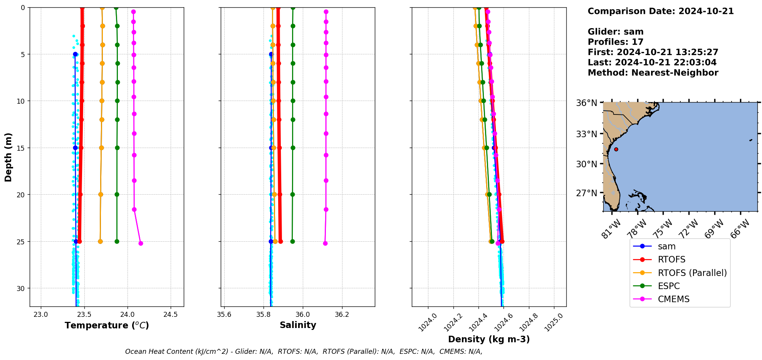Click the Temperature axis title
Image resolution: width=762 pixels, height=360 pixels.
(x=107, y=325)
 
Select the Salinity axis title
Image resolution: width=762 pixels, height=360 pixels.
(x=298, y=325)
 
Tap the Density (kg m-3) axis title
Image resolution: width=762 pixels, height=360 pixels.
(x=489, y=339)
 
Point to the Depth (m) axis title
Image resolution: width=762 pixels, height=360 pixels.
(x=8, y=157)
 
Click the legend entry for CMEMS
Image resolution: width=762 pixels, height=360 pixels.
(x=673, y=299)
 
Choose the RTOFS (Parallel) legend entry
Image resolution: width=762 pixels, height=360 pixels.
(x=692, y=273)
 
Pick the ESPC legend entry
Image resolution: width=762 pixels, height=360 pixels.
(x=668, y=286)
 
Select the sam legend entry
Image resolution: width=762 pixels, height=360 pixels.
(x=666, y=247)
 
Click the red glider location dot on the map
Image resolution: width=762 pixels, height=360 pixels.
(x=616, y=149)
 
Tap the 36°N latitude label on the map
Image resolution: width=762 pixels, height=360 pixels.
(x=586, y=103)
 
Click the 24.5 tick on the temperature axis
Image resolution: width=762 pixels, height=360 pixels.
(x=171, y=315)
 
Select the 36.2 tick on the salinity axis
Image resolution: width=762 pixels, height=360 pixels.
(x=342, y=315)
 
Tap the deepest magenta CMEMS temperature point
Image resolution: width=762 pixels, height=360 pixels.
(x=141, y=243)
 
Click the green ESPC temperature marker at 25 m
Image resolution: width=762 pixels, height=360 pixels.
(x=117, y=241)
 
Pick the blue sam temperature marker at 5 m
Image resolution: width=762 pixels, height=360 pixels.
(x=75, y=54)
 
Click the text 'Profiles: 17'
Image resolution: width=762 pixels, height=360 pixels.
(x=615, y=42)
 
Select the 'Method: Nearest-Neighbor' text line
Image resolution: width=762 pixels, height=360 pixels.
(x=653, y=73)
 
